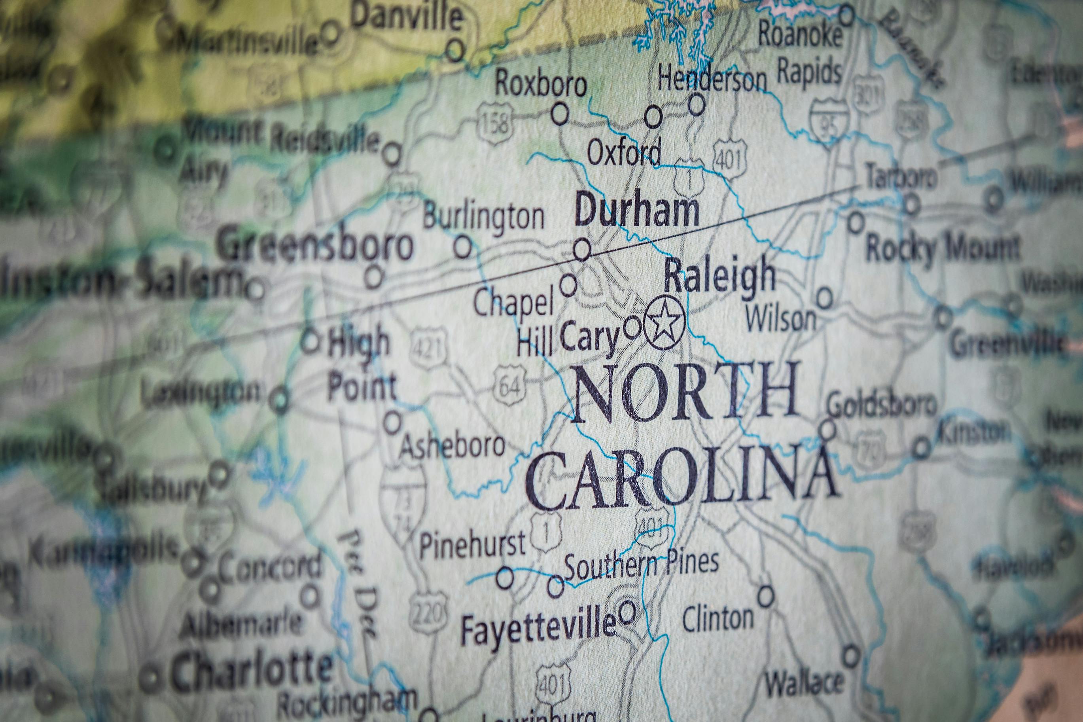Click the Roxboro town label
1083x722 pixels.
pyautogui.click(x=541, y=85)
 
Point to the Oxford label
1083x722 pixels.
pyautogui.click(x=624, y=154)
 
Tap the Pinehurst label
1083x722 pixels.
pyautogui.click(x=472, y=544)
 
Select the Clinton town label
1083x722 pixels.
pyautogui.click(x=718, y=618)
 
